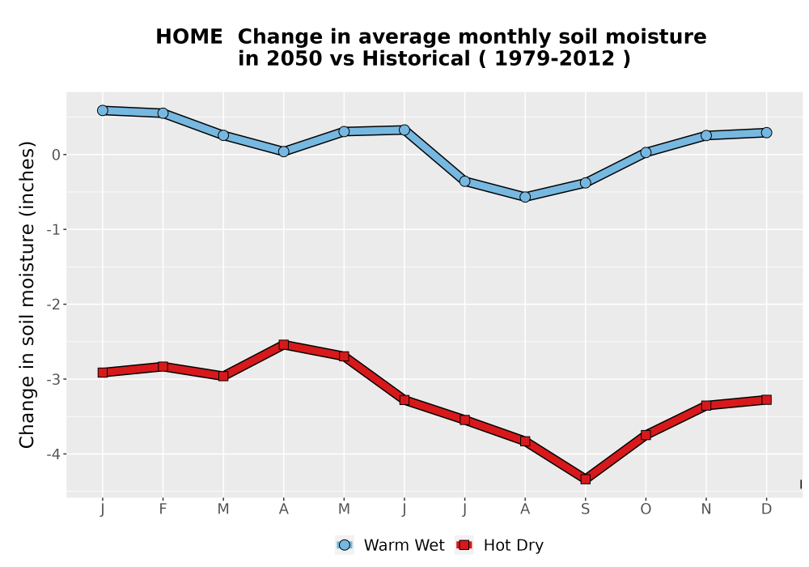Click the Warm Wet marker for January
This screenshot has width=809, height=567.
point(102,110)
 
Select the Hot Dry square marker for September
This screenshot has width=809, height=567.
point(585,480)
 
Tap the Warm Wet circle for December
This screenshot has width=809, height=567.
point(766,133)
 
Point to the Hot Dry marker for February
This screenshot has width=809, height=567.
point(163,367)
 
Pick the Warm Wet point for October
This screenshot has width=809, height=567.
point(646,152)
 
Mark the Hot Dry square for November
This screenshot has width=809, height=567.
point(705,405)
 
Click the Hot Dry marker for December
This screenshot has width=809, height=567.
point(766,399)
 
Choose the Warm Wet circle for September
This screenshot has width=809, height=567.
point(585,183)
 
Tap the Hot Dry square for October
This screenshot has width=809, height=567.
point(646,435)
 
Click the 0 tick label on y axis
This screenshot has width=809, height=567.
point(57,155)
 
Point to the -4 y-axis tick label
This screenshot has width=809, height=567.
point(54,454)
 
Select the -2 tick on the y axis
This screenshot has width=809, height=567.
point(54,305)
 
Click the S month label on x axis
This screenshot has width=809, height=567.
point(585,509)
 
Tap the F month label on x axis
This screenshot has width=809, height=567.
point(163,509)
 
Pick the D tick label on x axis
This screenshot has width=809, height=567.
point(766,509)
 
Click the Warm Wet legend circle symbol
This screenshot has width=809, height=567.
point(344,545)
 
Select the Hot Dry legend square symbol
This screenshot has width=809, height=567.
point(464,545)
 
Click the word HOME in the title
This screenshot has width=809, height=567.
point(188,36)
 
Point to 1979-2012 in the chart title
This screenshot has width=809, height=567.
point(555,58)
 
